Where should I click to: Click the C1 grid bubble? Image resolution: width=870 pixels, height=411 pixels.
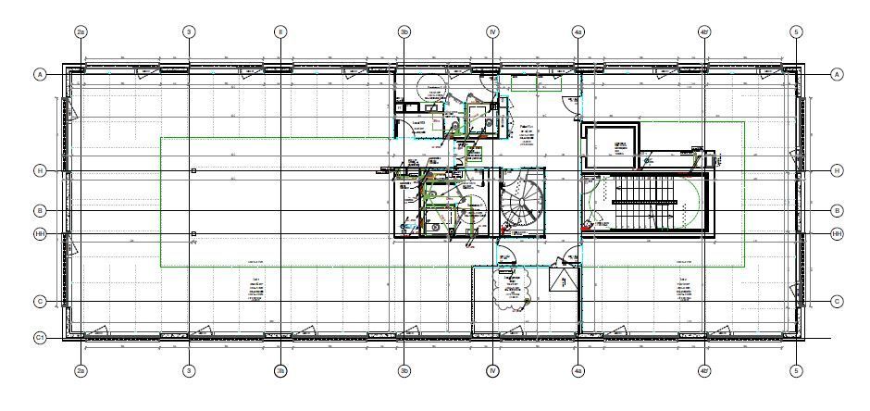coord(40,339)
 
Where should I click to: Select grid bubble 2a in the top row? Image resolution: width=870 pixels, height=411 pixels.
coord(81,31)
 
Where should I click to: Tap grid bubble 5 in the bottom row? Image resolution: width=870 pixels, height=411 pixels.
coord(796,371)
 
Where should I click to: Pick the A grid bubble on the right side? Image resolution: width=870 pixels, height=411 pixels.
coord(837,74)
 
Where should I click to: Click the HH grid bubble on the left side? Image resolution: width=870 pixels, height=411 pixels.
coord(40,234)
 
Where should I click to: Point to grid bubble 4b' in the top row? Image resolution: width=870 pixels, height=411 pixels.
coord(704,31)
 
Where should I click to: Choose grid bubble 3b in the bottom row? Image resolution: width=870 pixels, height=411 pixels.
coord(404,371)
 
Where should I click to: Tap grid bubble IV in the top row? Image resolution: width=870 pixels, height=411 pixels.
coord(492,31)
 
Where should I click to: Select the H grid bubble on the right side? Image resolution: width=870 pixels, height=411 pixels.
coord(837,171)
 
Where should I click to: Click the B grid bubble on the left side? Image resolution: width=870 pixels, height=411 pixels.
coord(40,210)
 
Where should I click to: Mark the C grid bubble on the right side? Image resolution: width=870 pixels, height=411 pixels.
coord(837,302)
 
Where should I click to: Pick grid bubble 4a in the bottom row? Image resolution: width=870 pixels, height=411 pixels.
coord(578,371)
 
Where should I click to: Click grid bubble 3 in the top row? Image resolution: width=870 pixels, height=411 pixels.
coord(189,31)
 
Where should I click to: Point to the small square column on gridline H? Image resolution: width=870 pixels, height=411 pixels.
coord(193,171)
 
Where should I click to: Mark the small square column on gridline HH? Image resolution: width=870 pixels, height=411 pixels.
coord(193,234)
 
